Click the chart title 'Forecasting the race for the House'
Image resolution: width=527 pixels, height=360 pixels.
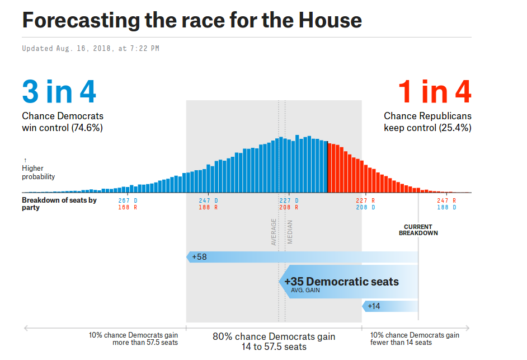point(192,20)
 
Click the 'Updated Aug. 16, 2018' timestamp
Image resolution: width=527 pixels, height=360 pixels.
point(91,49)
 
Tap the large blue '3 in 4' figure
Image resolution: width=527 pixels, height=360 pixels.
point(59,92)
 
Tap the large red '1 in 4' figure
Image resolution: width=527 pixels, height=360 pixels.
point(435,92)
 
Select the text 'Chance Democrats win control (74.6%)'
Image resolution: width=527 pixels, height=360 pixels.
point(63,122)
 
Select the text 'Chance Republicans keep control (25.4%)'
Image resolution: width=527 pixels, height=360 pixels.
point(427,122)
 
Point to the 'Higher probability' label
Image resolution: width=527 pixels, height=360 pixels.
point(38,172)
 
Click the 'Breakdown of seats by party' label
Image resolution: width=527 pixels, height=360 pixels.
point(59,204)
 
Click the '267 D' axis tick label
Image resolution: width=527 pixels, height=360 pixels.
point(128,200)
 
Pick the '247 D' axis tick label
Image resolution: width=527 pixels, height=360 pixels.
point(208,200)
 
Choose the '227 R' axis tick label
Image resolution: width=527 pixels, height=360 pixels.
point(365,200)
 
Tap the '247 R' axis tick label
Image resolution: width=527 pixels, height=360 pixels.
point(446,200)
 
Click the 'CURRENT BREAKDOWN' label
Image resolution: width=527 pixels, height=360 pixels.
point(418,230)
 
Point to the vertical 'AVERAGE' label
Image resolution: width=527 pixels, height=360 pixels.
point(274,232)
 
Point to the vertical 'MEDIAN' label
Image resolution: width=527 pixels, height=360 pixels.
point(290,232)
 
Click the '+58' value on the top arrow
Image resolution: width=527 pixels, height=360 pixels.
point(199,257)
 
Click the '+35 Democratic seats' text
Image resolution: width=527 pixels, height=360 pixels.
point(341,282)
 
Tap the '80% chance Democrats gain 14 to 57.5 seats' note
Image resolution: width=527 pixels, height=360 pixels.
point(274,342)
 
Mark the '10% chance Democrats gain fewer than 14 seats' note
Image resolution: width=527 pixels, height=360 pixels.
point(415,339)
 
